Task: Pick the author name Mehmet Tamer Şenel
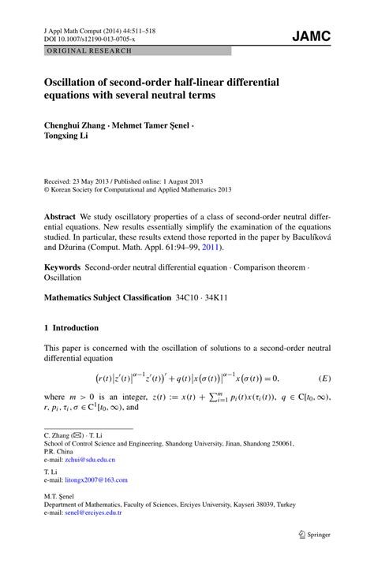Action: [152, 124]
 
